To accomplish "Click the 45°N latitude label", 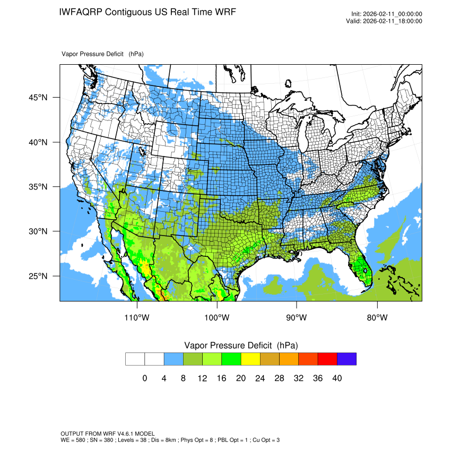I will point(39,98).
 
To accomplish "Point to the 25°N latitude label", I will point(39,276).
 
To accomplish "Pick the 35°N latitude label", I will point(39,187).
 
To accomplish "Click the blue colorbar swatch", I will point(174,359).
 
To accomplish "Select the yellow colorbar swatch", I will point(250,359).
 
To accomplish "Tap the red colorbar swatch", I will point(327,359).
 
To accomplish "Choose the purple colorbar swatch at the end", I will point(346,359).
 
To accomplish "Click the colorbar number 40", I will point(337,378).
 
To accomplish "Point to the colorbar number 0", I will point(145,378).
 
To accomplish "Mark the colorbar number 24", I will point(260,378).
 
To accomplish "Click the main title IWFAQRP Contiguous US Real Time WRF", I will point(148,12).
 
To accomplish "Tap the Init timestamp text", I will point(387,14).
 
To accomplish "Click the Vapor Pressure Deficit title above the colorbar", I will point(241,345).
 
